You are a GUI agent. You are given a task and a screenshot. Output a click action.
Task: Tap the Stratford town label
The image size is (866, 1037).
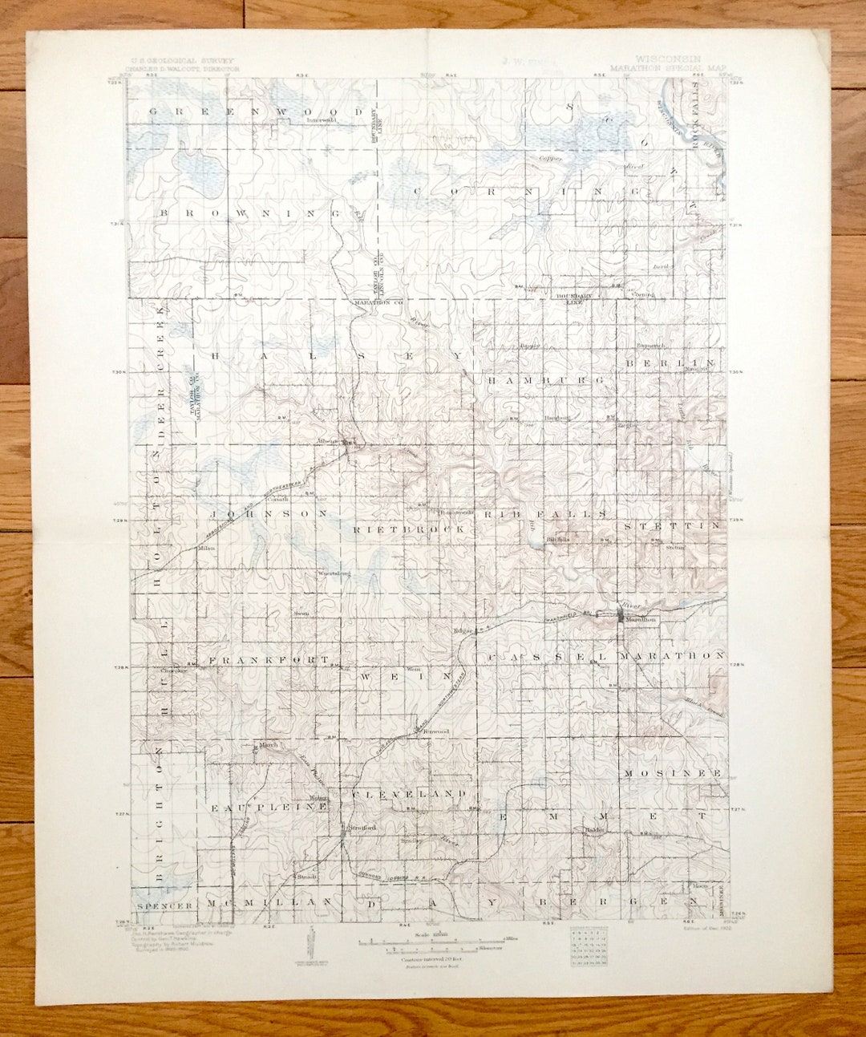pyautogui.click(x=358, y=827)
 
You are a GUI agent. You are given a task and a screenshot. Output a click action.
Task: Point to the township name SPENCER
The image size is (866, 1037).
pyautogui.click(x=165, y=905)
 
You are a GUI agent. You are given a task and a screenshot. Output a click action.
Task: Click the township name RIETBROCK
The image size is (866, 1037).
pyautogui.click(x=409, y=530)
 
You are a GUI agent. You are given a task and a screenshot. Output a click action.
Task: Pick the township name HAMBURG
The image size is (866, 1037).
pyautogui.click(x=544, y=380)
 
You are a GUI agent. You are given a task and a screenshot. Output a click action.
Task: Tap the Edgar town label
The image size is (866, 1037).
pyautogui.click(x=464, y=630)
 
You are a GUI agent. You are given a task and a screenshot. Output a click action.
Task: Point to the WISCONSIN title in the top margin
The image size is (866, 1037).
pyautogui.click(x=668, y=59)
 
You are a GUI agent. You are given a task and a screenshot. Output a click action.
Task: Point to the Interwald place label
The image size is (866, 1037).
pyautogui.click(x=321, y=119)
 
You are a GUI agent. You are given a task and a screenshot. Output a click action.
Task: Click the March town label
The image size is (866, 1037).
pyautogui.click(x=268, y=744)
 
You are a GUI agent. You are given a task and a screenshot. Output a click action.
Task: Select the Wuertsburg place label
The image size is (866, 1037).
pyautogui.click(x=336, y=574)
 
